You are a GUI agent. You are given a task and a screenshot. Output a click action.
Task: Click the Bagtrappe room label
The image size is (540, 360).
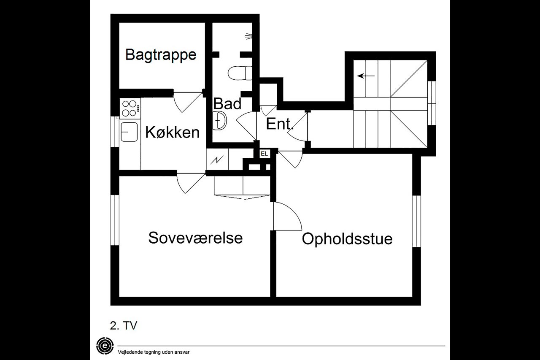[161, 55]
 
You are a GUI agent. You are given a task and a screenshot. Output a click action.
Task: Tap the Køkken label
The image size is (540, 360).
[172, 133]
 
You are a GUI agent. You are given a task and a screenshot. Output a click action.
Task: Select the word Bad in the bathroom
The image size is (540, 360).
[227, 104]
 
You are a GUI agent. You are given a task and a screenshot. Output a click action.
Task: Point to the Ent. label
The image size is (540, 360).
[279, 125]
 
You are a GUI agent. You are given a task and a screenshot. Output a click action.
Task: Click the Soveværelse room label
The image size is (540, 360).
[195, 238]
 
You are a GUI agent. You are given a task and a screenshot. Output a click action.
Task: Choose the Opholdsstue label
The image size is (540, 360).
[347, 239]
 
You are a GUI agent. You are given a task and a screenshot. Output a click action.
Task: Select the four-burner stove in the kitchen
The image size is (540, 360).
[130, 108]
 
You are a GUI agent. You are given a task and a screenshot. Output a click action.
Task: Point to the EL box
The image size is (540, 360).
[264, 154]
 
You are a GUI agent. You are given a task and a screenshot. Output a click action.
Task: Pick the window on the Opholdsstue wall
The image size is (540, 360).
[416, 221]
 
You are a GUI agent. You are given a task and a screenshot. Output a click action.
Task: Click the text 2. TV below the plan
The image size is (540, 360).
[124, 325]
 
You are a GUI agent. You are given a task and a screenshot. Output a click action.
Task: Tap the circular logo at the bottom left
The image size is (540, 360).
[104, 345]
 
